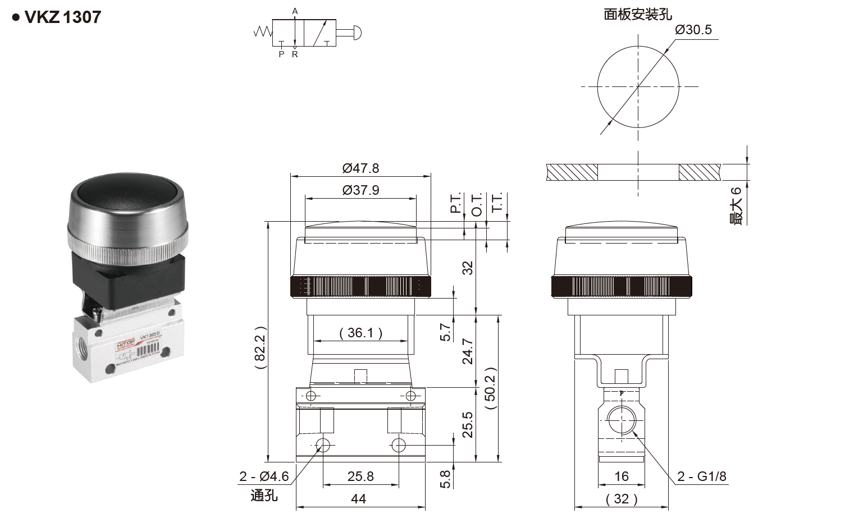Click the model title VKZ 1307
click(62, 17)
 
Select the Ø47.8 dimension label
click(360, 168)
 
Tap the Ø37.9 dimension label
click(360, 190)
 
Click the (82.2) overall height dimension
click(259, 347)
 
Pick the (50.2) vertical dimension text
click(490, 388)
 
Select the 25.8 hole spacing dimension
click(360, 476)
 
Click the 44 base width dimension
click(358, 499)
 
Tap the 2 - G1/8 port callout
click(701, 476)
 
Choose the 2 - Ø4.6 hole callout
click(263, 476)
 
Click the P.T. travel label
click(455, 203)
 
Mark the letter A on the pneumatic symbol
click(295, 11)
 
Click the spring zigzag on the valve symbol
click(263, 32)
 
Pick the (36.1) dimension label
click(360, 333)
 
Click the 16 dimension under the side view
click(621, 476)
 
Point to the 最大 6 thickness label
click(736, 206)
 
